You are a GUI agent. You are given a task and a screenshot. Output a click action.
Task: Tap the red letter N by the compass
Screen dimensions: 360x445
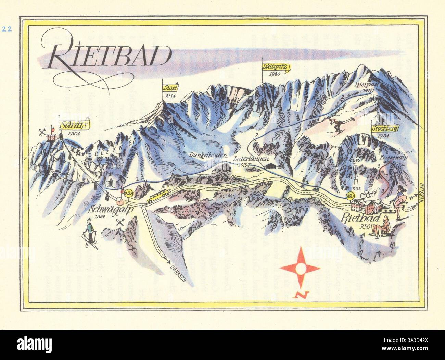point(301,294)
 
